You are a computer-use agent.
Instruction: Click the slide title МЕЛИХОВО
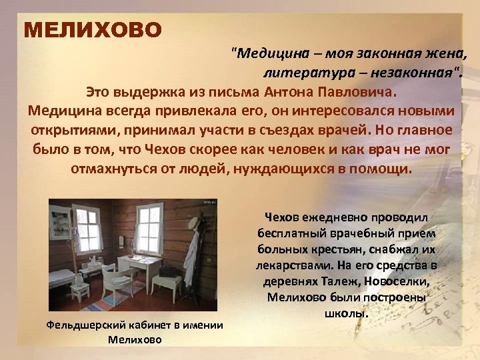click(x=92, y=30)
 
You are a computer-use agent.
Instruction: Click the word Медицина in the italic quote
click(x=267, y=53)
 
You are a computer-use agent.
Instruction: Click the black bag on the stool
click(x=169, y=271)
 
